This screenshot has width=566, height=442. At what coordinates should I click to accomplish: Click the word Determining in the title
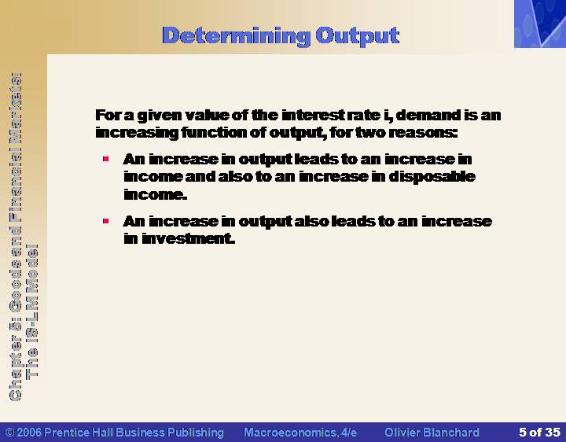click(x=236, y=36)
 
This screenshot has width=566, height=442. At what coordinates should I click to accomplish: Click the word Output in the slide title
click(x=358, y=36)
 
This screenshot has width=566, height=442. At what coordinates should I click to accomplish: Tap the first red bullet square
click(x=106, y=159)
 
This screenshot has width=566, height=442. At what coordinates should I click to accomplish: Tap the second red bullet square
click(x=106, y=221)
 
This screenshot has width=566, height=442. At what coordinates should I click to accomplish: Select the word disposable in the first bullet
click(x=432, y=177)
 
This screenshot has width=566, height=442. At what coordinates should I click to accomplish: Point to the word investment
click(x=189, y=238)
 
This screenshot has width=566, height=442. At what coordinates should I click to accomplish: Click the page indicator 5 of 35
click(x=539, y=433)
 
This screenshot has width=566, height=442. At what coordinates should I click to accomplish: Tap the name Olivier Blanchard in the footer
click(x=432, y=433)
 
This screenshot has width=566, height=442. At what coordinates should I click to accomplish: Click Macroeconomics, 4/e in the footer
click(x=300, y=433)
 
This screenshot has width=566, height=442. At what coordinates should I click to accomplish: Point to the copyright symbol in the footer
click(x=10, y=433)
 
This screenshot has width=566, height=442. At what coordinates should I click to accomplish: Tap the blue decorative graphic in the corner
click(x=540, y=24)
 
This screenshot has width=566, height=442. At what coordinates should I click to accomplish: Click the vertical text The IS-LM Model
click(x=31, y=311)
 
